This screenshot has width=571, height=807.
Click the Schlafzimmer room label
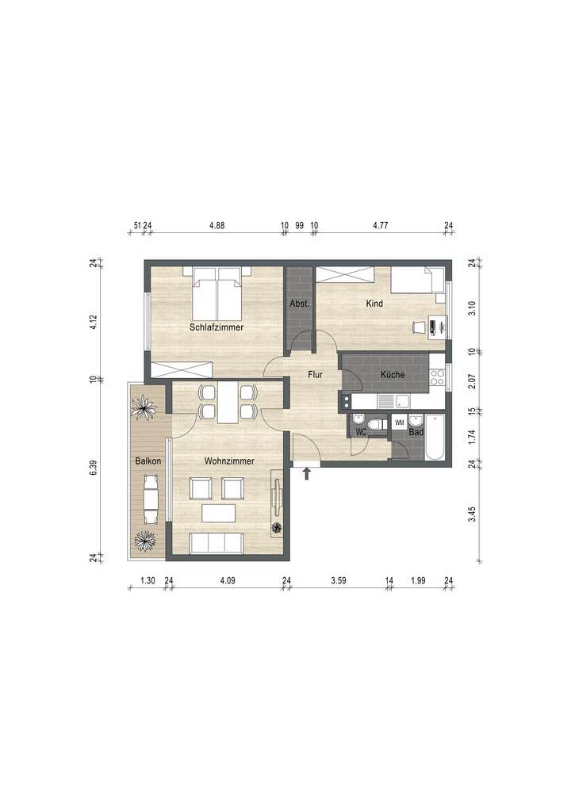[x=216, y=327]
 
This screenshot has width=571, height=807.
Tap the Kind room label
[x=374, y=304]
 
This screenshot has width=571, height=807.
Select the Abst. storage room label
[x=299, y=304]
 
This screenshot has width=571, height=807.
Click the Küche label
[x=393, y=374]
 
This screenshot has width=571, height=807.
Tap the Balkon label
[x=148, y=461]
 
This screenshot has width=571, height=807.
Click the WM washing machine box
[x=399, y=422]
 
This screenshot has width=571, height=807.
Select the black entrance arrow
[x=306, y=474]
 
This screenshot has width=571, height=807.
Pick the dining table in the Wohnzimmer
[x=227, y=402]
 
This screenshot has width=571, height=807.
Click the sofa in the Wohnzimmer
[x=217, y=543]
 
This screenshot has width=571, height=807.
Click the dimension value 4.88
[x=217, y=226]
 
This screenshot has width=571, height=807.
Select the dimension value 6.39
[x=93, y=468]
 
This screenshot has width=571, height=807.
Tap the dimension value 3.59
[x=339, y=581]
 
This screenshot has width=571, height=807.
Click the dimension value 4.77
[x=381, y=226]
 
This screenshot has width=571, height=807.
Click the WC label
[x=361, y=433]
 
